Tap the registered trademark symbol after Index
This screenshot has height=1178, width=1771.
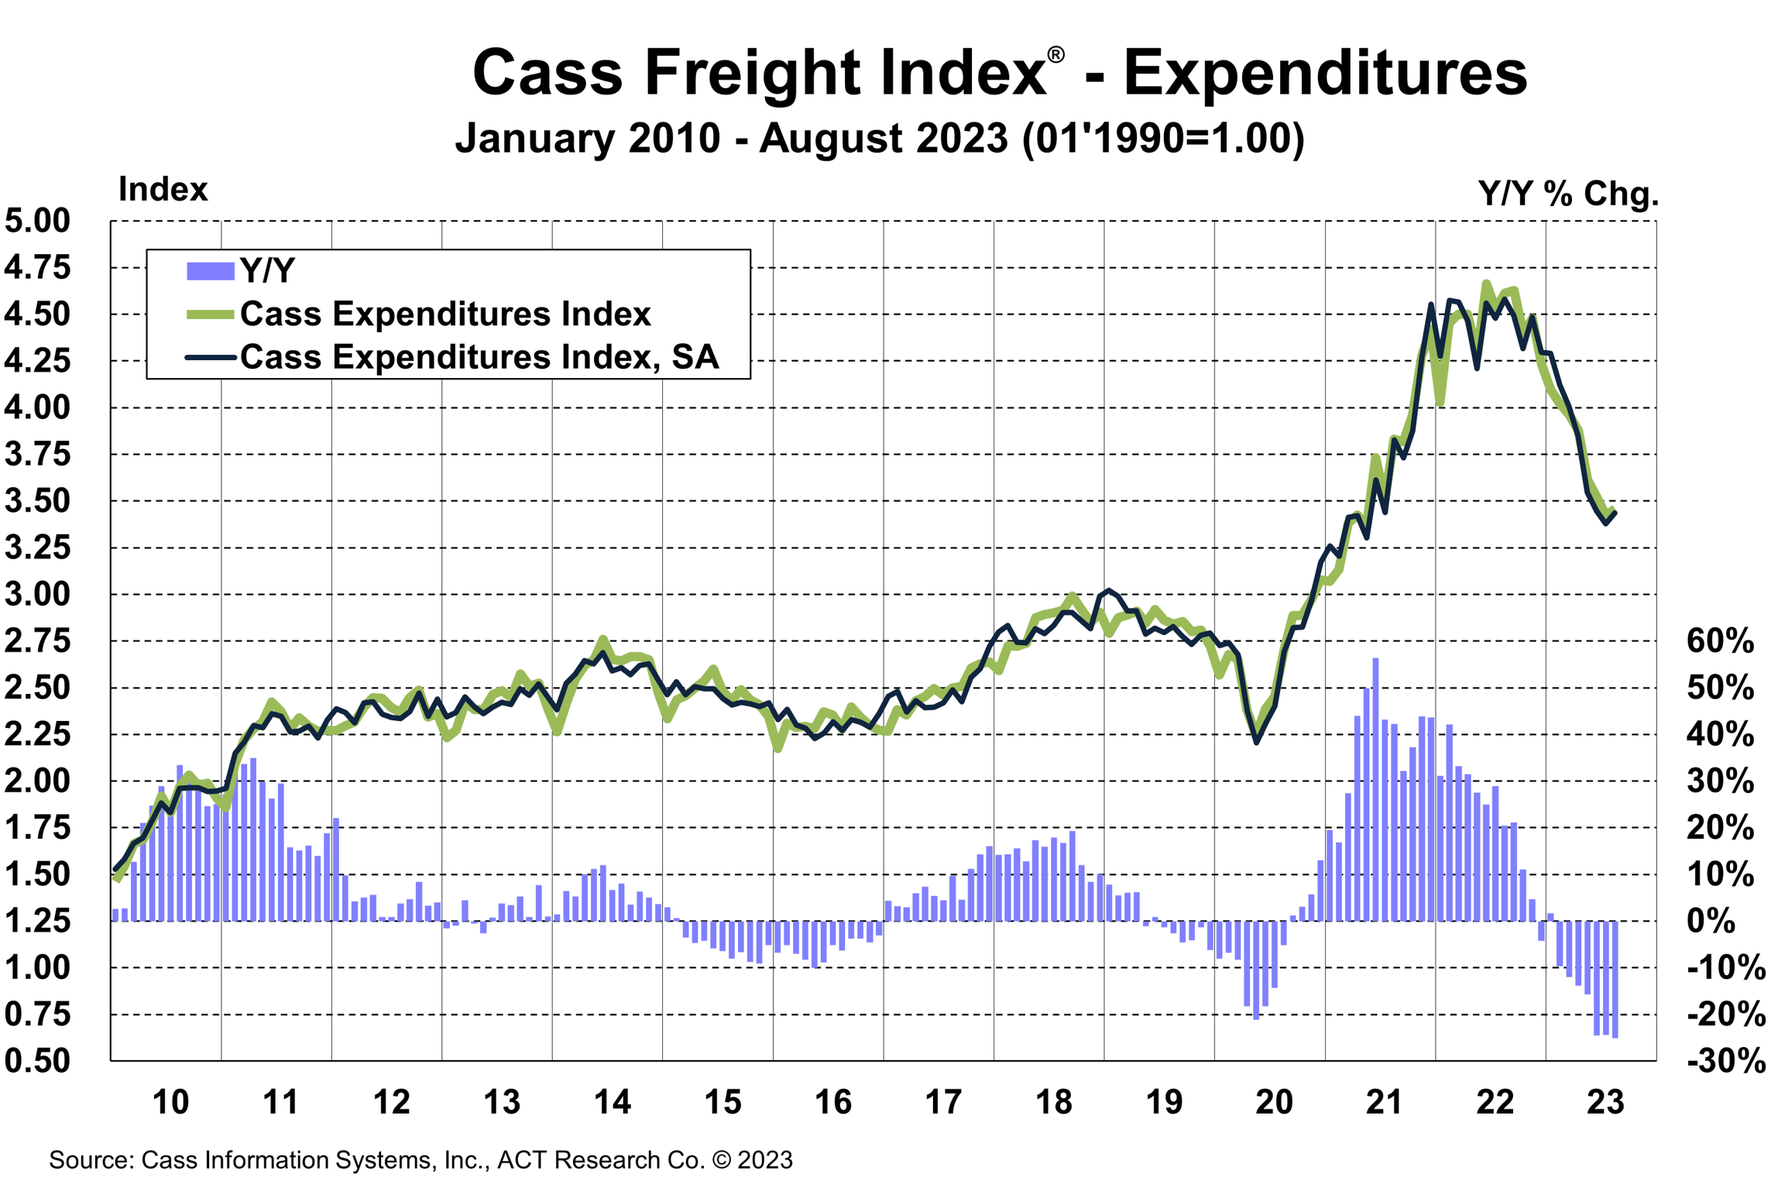coord(1055,55)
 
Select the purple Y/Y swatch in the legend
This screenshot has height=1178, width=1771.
coord(210,271)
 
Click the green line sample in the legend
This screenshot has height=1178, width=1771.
coord(210,314)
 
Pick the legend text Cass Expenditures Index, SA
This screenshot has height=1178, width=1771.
coord(479,357)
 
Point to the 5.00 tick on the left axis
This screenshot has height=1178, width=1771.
coord(37,221)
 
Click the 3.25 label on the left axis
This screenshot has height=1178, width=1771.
coord(37,548)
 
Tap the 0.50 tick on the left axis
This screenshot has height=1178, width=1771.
coord(37,1060)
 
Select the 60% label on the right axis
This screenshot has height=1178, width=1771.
coord(1720,641)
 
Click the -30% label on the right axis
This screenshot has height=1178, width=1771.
coord(1726,1060)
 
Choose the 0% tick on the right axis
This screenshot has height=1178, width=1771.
coord(1711,921)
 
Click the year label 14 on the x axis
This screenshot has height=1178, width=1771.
coord(612,1102)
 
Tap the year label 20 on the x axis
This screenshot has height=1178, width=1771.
coord(1274,1102)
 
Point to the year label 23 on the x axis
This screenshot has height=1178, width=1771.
coord(1605,1102)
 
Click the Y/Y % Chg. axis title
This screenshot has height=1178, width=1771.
coord(1568,193)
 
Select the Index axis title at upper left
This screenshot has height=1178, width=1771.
coord(163,190)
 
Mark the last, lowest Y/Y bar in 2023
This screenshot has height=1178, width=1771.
coord(1615,980)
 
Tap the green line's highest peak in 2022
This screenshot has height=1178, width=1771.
coord(1485,283)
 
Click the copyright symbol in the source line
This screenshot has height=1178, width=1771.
coord(721,1160)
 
